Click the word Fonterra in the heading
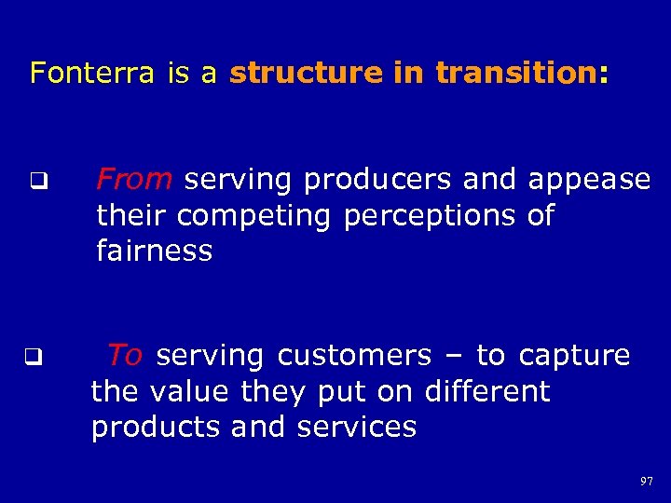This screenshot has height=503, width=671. tap(91, 73)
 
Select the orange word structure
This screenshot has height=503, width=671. tap(307, 73)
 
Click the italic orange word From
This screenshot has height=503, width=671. tap(134, 178)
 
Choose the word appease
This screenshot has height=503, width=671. tap(589, 180)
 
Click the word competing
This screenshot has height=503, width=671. tap(254, 216)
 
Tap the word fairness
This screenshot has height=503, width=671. tap(154, 251)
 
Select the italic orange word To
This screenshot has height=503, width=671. tap(124, 355)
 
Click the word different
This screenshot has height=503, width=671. tap(487, 391)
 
